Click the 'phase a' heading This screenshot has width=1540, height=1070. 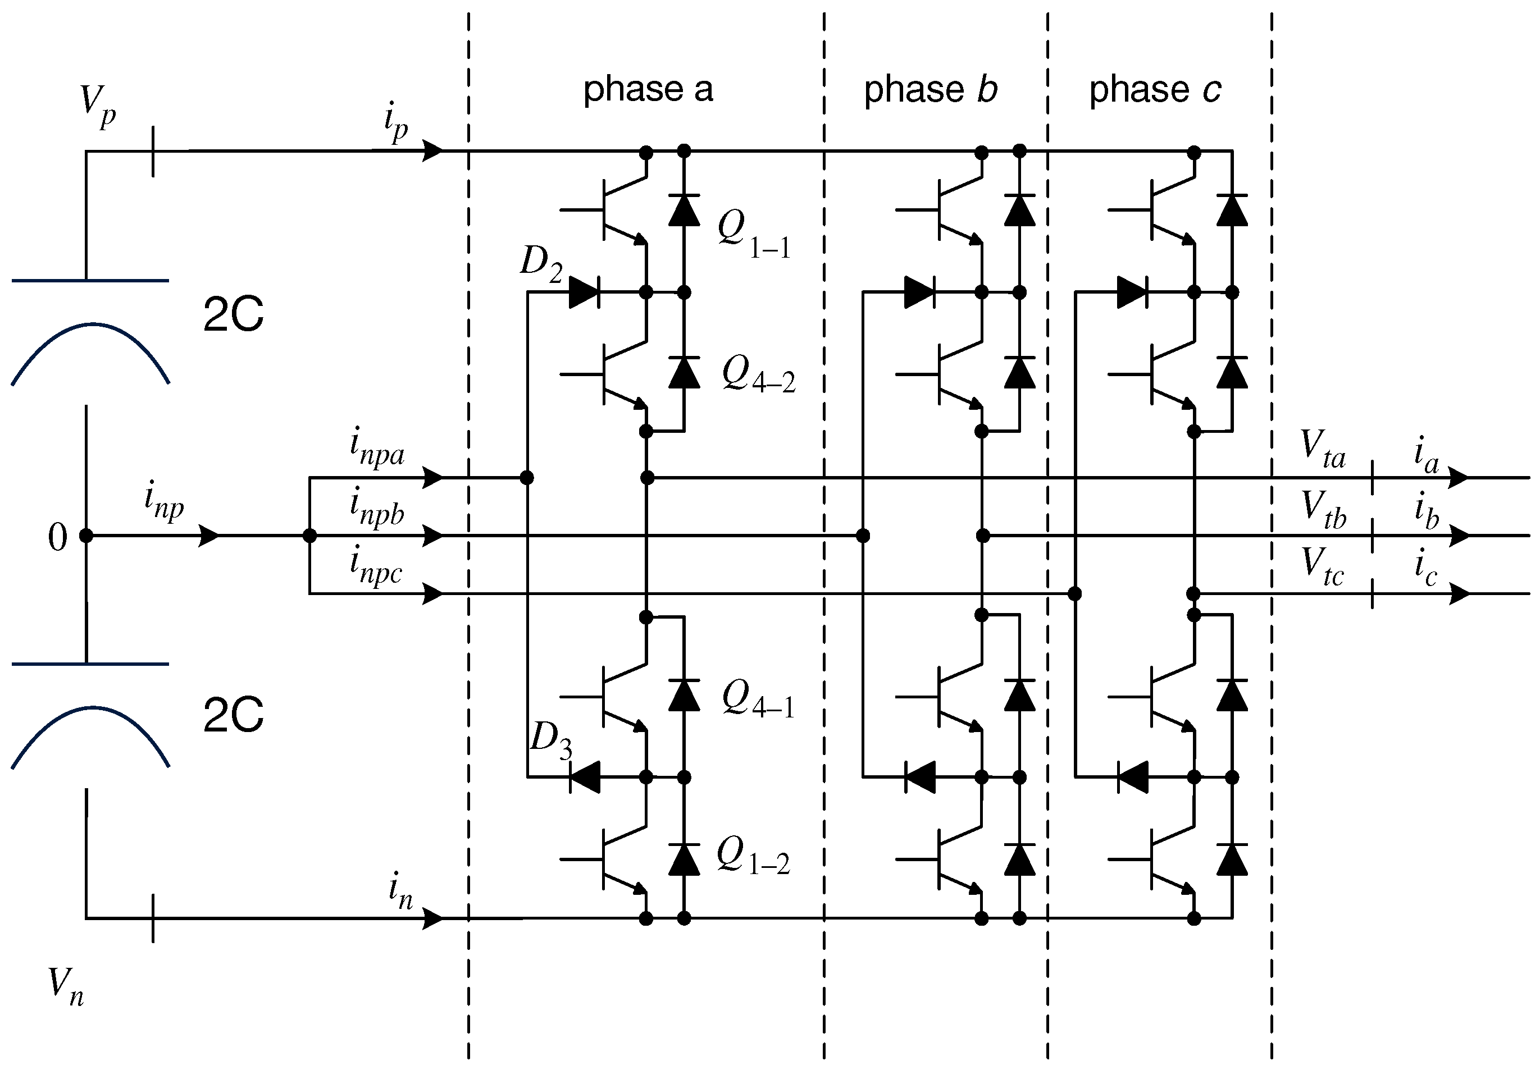click(648, 89)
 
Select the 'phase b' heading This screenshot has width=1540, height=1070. click(930, 89)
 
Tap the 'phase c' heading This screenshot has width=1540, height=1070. click(1154, 89)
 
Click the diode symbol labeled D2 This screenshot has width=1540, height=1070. click(584, 293)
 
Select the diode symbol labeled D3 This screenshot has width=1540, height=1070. click(585, 778)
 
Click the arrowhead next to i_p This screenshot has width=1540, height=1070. click(432, 152)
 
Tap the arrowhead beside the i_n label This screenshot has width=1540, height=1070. click(432, 918)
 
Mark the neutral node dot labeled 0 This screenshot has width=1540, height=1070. click(86, 536)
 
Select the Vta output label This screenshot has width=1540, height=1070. click(1322, 450)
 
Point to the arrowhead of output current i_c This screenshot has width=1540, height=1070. click(1459, 594)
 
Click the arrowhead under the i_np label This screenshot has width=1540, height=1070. click(209, 536)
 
